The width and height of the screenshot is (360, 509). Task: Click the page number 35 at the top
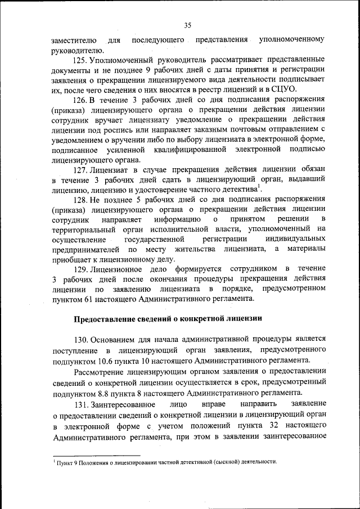click(187, 25)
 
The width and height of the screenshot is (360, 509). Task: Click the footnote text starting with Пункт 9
click(166, 462)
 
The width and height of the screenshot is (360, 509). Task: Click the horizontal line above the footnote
click(96, 456)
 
